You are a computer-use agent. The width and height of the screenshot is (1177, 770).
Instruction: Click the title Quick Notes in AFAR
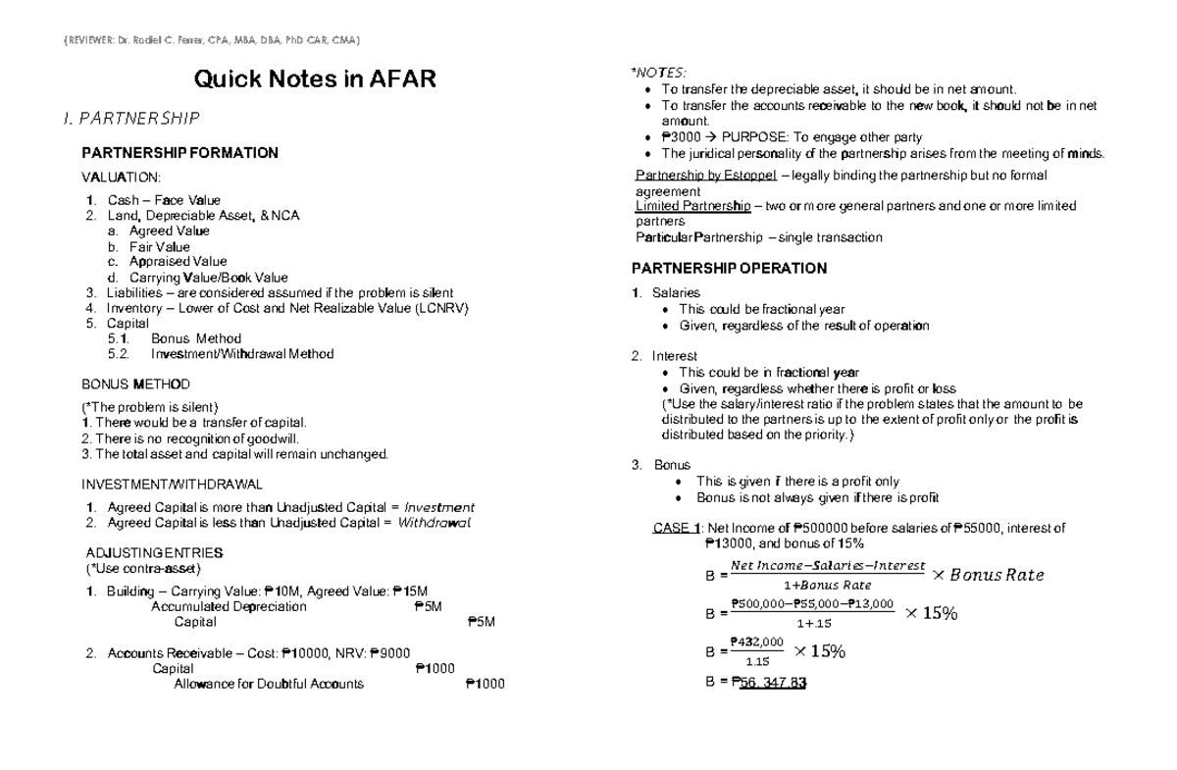click(x=314, y=78)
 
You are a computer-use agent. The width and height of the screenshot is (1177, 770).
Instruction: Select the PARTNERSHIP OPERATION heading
click(x=729, y=269)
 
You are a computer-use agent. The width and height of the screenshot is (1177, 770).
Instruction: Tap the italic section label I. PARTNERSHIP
click(x=130, y=119)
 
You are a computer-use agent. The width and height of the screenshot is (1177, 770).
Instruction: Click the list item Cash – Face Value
click(x=164, y=200)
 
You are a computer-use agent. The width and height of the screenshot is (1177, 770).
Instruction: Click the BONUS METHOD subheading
click(x=135, y=384)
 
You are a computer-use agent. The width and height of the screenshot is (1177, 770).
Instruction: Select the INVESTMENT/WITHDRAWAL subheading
click(x=172, y=484)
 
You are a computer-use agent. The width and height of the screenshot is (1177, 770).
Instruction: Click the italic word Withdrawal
click(x=434, y=523)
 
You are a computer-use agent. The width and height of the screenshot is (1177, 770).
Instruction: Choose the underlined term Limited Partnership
click(x=691, y=206)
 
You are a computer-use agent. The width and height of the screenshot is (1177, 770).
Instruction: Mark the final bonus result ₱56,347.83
click(x=769, y=684)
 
